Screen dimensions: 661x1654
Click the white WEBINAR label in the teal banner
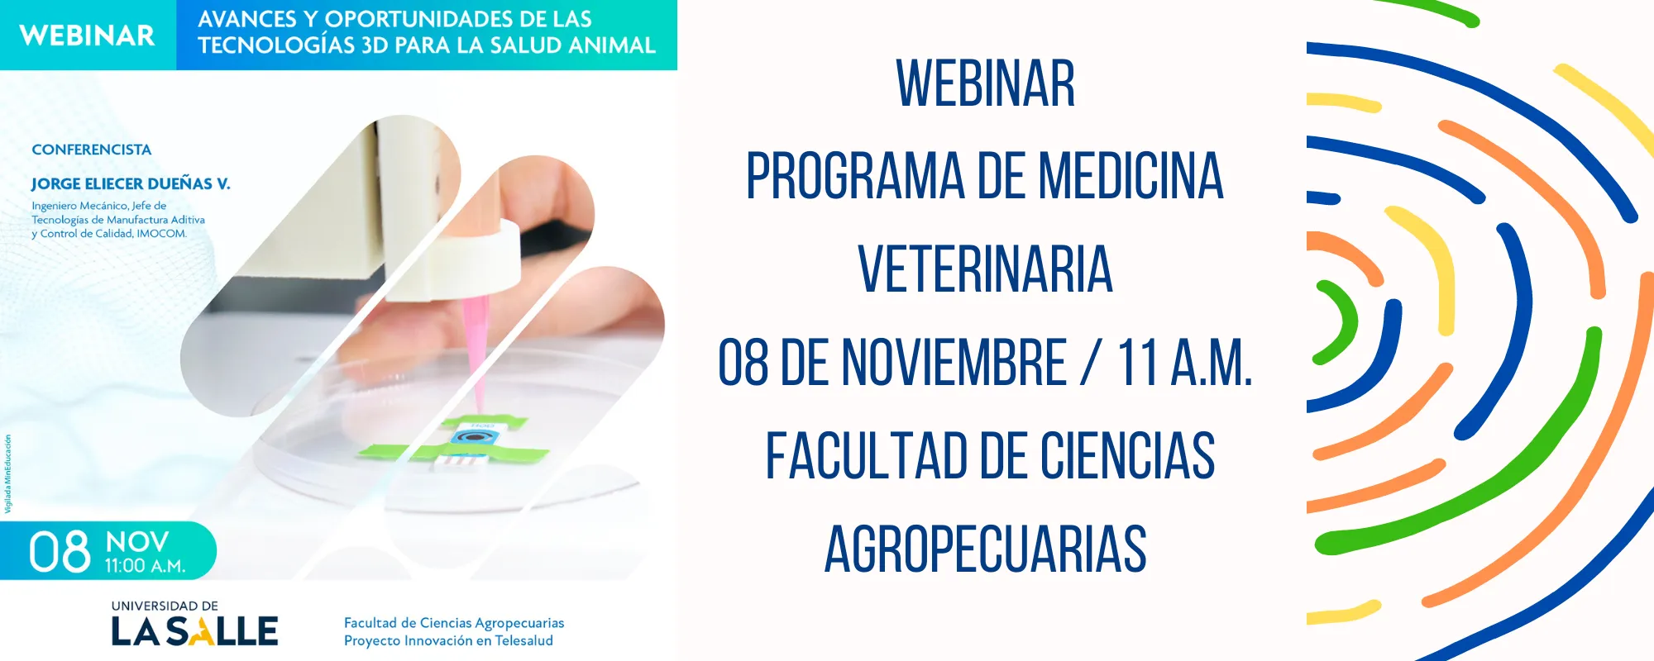pyautogui.click(x=87, y=36)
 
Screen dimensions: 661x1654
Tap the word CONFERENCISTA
pyautogui.click(x=91, y=150)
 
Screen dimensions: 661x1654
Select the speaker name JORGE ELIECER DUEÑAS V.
pyautogui.click(x=131, y=183)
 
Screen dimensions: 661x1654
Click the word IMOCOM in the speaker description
pyautogui.click(x=161, y=234)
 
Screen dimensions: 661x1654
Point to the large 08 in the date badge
pyautogui.click(x=60, y=552)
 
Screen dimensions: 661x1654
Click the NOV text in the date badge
pyautogui.click(x=137, y=542)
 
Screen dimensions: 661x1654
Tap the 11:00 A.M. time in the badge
pyautogui.click(x=145, y=567)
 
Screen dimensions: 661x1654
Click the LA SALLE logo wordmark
pyautogui.click(x=194, y=631)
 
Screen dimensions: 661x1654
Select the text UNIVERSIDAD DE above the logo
pyautogui.click(x=165, y=606)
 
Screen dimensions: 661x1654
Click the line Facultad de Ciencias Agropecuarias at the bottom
pyautogui.click(x=454, y=623)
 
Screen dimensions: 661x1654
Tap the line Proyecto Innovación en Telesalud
pyautogui.click(x=448, y=640)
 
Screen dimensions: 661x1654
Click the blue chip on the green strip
pyautogui.click(x=474, y=436)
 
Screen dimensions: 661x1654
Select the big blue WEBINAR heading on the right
pyautogui.click(x=985, y=84)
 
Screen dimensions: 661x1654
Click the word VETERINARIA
pyautogui.click(x=985, y=269)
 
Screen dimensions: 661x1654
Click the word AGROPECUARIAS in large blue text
pyautogui.click(x=985, y=549)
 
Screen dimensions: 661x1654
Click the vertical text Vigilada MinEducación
pyautogui.click(x=8, y=473)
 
